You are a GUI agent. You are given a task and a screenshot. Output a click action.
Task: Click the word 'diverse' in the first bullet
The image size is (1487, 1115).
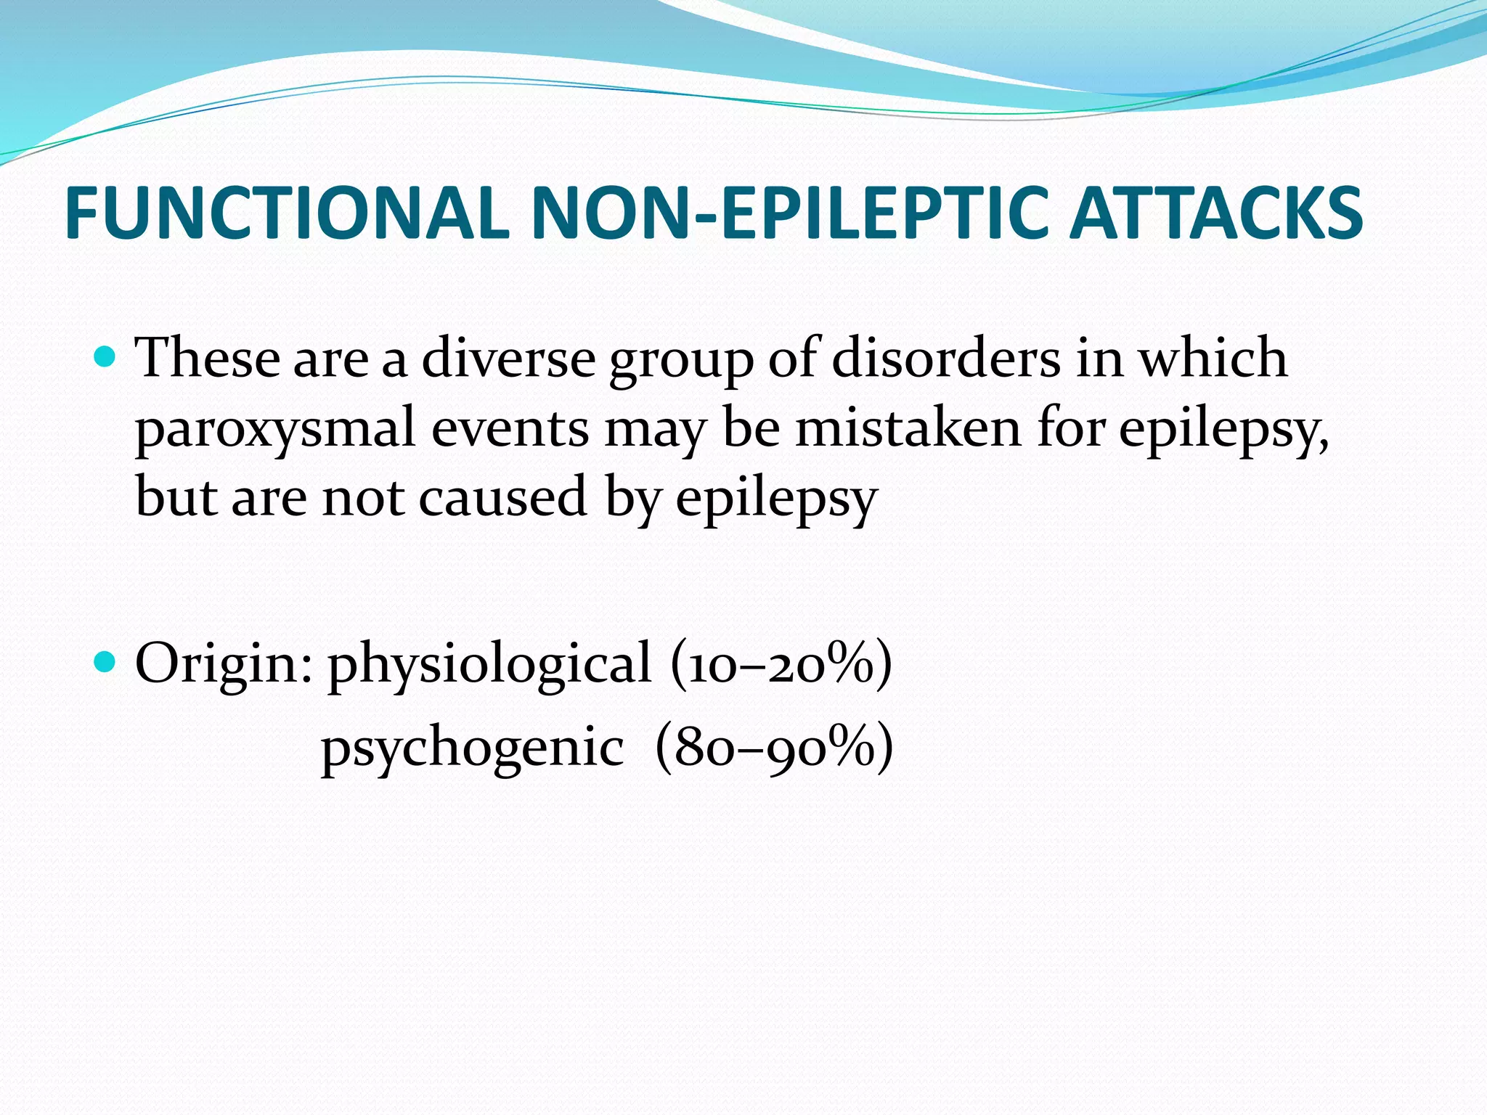[508, 359]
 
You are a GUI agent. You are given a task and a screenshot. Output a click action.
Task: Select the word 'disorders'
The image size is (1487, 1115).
[945, 359]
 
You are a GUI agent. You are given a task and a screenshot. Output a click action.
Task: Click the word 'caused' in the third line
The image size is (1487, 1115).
[503, 498]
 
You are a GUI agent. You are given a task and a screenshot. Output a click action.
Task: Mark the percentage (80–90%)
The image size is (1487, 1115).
[774, 748]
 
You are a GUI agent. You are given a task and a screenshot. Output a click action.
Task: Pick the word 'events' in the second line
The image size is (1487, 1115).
[510, 428]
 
